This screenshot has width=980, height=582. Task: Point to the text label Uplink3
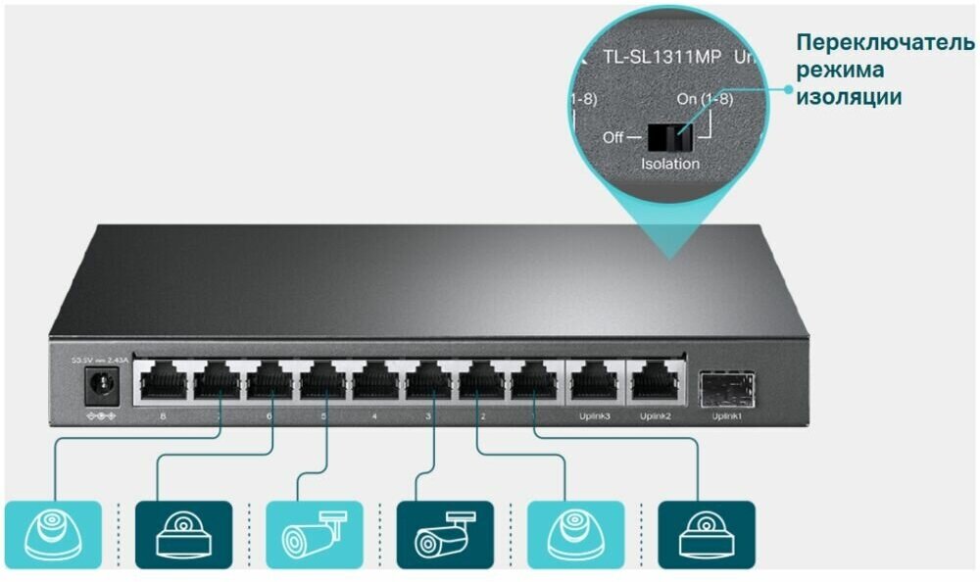pyautogui.click(x=593, y=416)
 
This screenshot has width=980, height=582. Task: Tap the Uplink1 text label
pyautogui.click(x=727, y=416)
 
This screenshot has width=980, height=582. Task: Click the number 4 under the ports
pyautogui.click(x=374, y=416)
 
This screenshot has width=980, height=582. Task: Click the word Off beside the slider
pyautogui.click(x=613, y=137)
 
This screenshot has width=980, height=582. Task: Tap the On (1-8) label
pyautogui.click(x=705, y=100)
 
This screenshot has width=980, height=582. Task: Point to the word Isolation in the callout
pyautogui.click(x=670, y=164)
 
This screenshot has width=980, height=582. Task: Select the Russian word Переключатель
pyautogui.click(x=885, y=45)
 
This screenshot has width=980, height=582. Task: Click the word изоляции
pyautogui.click(x=849, y=98)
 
